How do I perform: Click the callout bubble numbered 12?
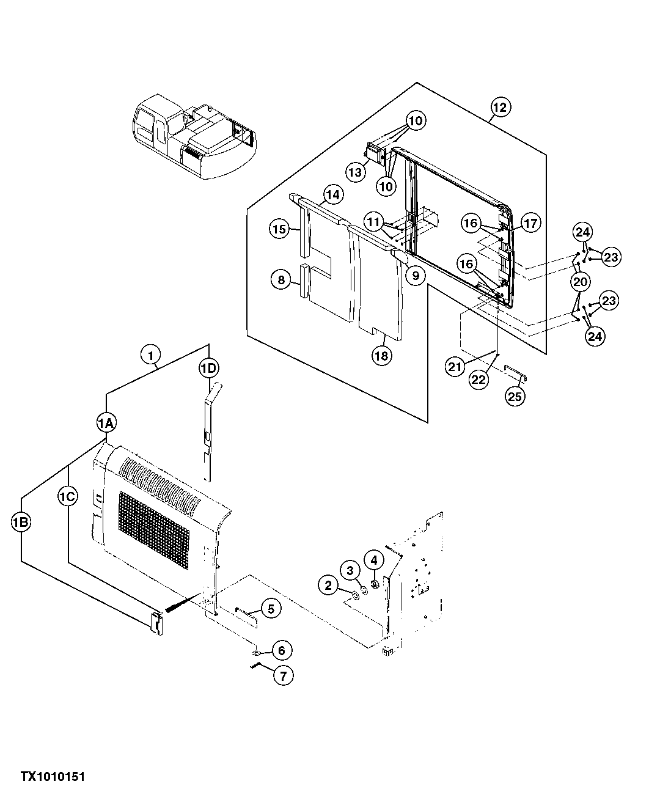click(x=499, y=108)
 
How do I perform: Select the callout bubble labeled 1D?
click(x=208, y=368)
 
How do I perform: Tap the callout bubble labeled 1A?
click(x=106, y=422)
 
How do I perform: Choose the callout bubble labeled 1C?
click(x=68, y=498)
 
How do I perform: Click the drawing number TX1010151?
click(x=53, y=777)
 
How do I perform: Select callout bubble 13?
click(x=355, y=172)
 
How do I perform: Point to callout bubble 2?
click(x=328, y=586)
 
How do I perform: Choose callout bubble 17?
click(x=530, y=224)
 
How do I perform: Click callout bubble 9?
click(x=415, y=276)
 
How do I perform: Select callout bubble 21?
click(x=455, y=367)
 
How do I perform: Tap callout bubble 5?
click(x=271, y=608)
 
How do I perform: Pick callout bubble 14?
click(x=332, y=195)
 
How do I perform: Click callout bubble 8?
click(x=280, y=281)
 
